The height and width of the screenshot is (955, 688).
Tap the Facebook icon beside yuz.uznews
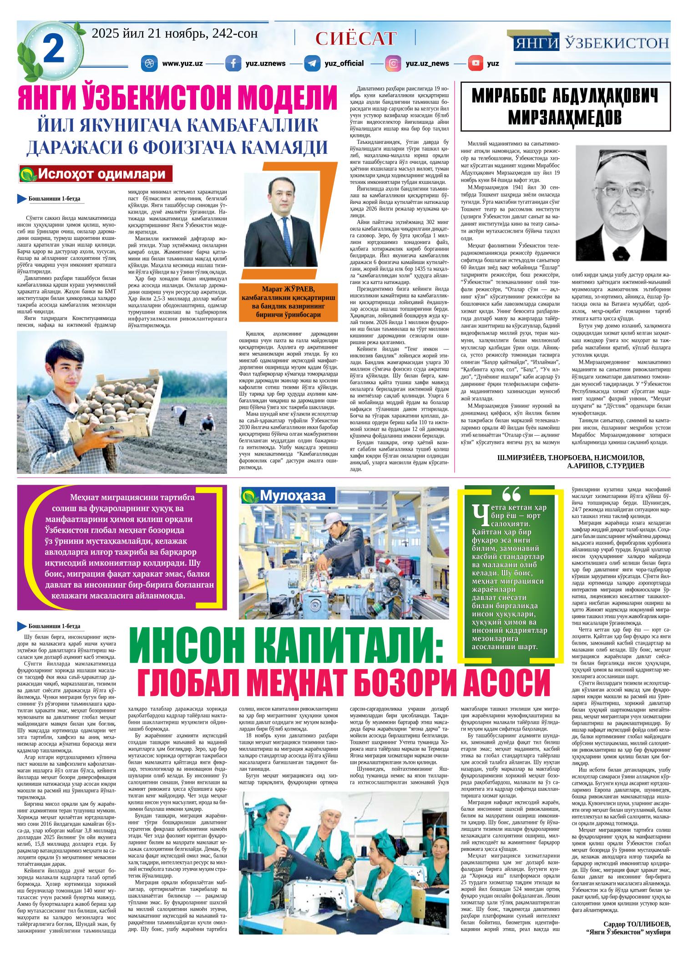tap(233, 63)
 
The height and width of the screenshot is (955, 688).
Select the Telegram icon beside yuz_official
tap(313, 63)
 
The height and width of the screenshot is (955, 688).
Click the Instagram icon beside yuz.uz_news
tap(393, 63)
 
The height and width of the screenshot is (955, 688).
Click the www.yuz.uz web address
tap(182, 63)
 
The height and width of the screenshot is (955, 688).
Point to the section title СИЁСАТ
tap(355, 39)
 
